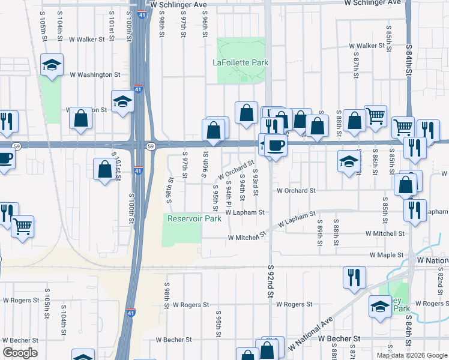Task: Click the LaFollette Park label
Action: tap(240, 62)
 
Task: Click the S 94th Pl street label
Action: tap(229, 197)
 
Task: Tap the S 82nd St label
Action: tap(439, 278)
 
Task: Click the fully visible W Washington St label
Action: tap(95, 75)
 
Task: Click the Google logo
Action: tap(20, 353)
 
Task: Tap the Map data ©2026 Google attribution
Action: tap(411, 355)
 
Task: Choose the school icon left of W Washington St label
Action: tap(52, 65)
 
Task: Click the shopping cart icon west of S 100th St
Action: tap(22, 227)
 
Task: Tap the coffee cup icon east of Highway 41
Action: tap(275, 146)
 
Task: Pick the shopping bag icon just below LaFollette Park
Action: tap(246, 112)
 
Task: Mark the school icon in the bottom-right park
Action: tap(380, 307)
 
